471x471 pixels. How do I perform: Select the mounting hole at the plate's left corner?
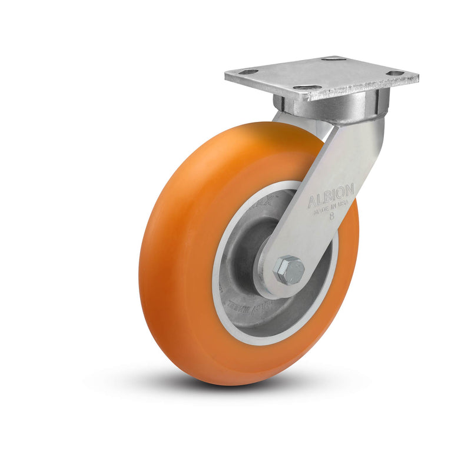[249, 72]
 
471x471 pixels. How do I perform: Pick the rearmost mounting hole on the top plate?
[334, 59]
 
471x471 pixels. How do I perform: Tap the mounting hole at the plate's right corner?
[395, 73]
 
